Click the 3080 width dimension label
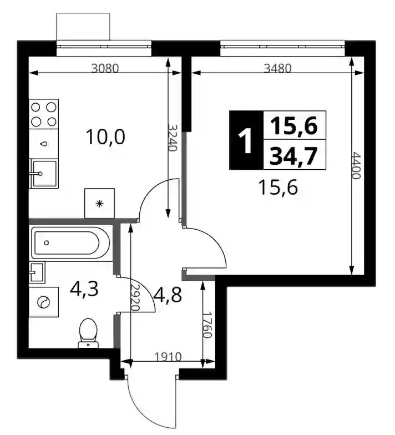click(105, 68)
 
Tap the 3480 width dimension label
click(277, 68)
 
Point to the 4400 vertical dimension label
click(356, 165)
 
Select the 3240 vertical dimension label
click(173, 138)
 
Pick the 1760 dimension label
click(207, 325)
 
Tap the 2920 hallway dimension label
click(135, 297)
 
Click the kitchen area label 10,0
click(105, 137)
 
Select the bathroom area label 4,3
click(84, 290)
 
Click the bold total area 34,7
click(294, 156)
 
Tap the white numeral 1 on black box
click(245, 141)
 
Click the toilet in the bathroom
click(88, 333)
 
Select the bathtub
click(71, 243)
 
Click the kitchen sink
click(44, 174)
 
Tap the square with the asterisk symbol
click(100, 203)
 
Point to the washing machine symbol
click(43, 302)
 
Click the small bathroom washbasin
click(37, 272)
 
